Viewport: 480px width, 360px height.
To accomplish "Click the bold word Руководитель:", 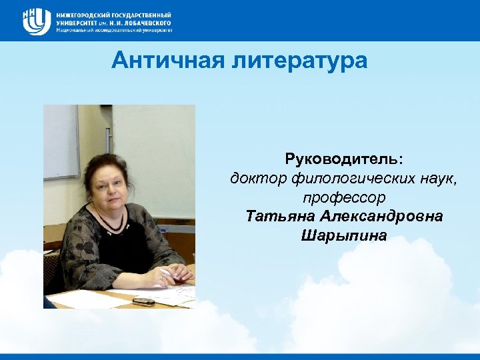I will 344,160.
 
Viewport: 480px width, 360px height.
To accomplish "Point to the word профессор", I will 344,198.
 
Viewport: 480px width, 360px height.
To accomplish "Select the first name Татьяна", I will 280,217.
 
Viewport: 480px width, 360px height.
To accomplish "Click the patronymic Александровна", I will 381,217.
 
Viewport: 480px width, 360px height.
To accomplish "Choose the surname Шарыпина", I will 344,236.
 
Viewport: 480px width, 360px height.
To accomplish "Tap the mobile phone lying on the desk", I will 143,301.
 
